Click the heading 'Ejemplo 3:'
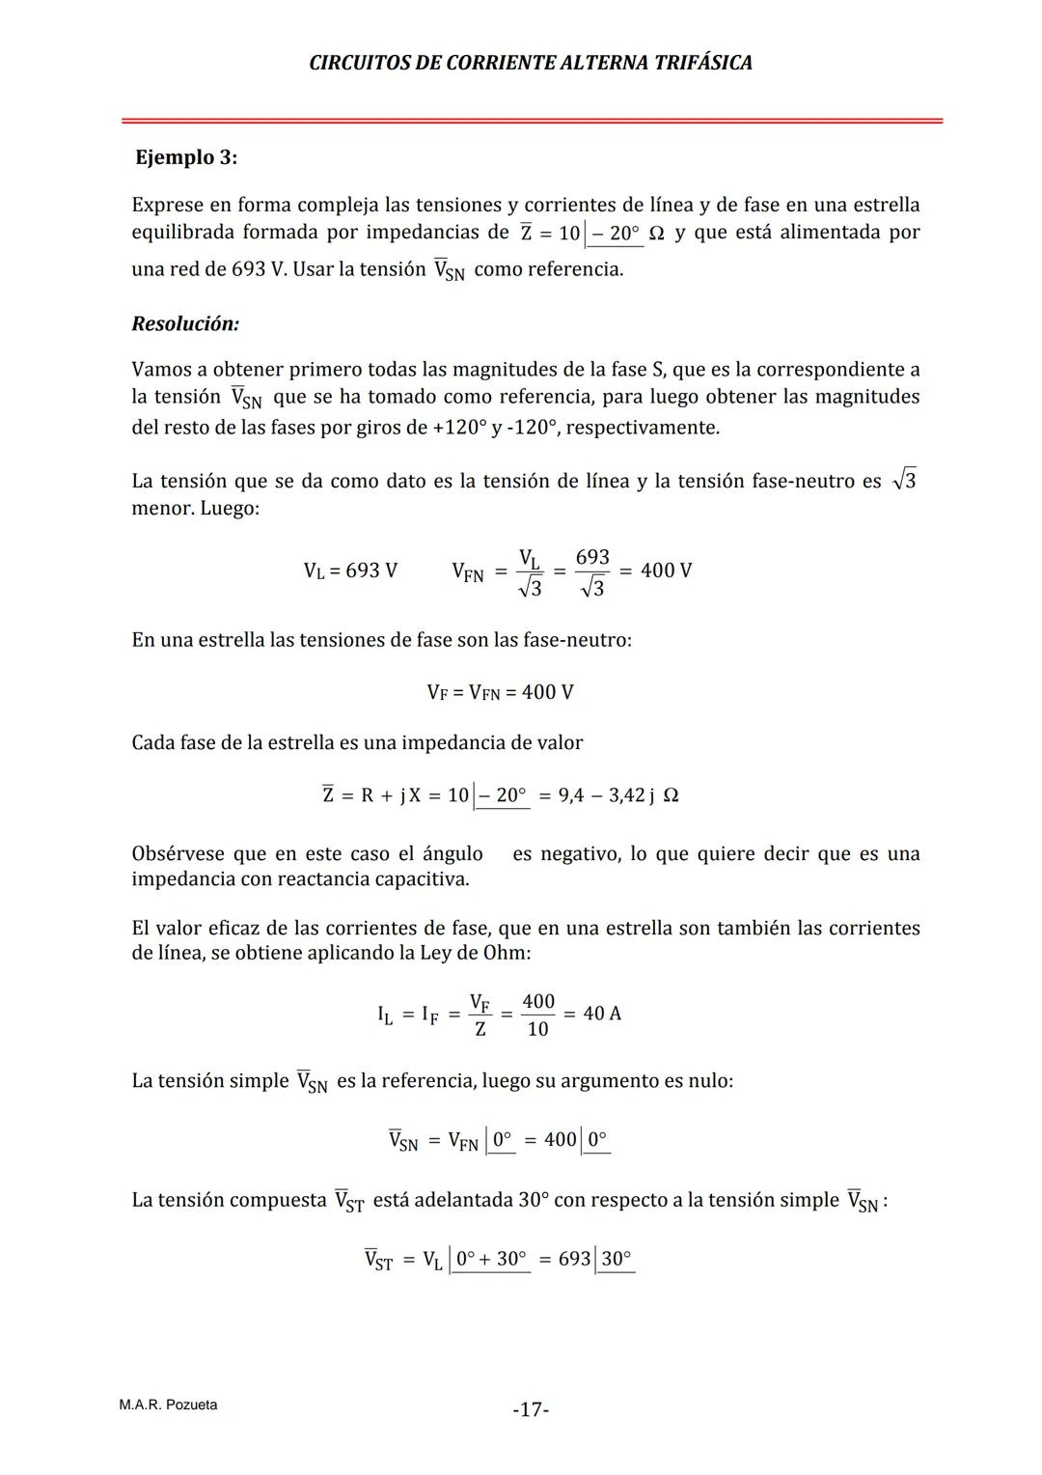click(x=186, y=157)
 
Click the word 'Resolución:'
click(x=185, y=324)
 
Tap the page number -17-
click(x=531, y=1410)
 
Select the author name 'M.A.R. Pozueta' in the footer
click(x=168, y=1405)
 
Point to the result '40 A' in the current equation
click(x=602, y=1014)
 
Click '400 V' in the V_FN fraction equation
click(x=666, y=571)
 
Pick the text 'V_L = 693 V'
click(x=350, y=571)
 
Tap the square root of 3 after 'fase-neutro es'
click(x=904, y=480)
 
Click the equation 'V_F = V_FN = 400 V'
click(x=500, y=692)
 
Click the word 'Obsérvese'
click(x=178, y=854)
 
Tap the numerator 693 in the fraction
click(x=592, y=557)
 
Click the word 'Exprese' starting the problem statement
click(x=168, y=206)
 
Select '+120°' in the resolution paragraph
click(x=459, y=428)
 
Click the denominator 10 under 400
click(x=537, y=1029)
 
